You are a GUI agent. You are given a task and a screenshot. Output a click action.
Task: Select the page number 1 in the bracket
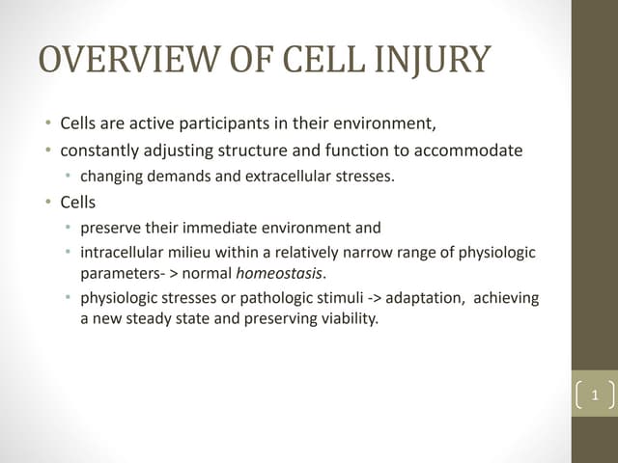point(594,395)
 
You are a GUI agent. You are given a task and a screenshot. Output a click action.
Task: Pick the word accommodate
point(475,150)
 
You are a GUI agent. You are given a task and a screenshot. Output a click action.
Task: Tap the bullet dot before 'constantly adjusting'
point(47,151)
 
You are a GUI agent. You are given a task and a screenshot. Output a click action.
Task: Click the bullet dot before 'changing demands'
point(68,177)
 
